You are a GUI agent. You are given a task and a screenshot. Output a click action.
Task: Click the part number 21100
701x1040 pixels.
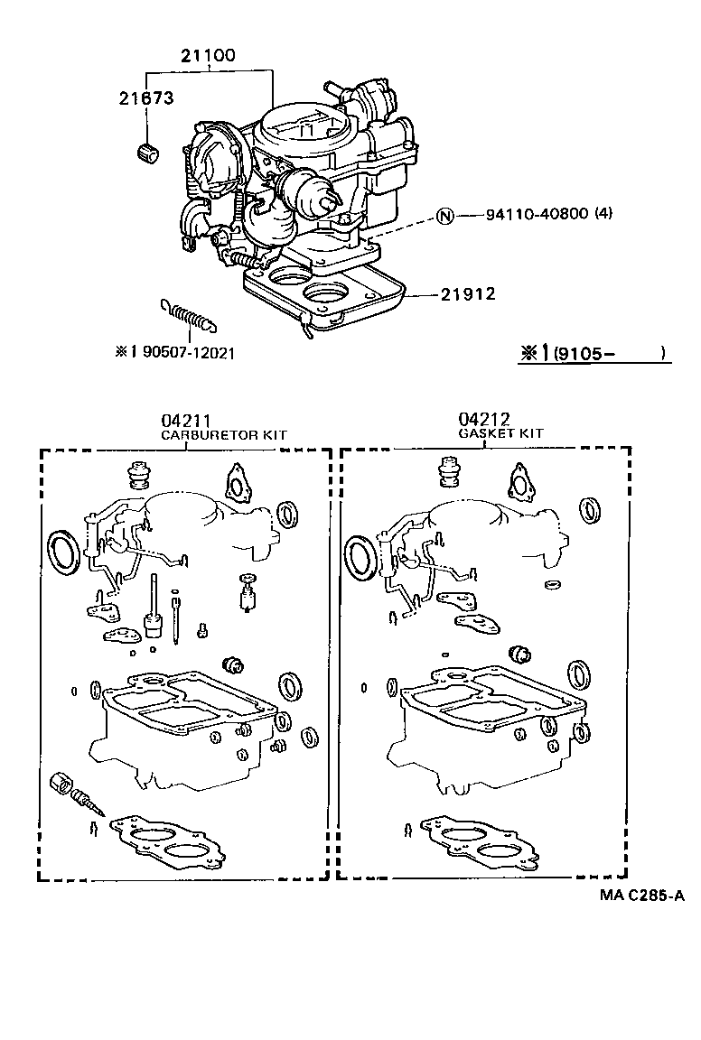pyautogui.click(x=208, y=55)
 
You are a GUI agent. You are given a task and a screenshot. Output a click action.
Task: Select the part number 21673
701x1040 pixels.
pyautogui.click(x=145, y=97)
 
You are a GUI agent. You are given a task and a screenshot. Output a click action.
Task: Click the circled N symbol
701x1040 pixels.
pyautogui.click(x=444, y=215)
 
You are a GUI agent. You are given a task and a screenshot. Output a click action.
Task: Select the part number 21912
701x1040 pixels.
pyautogui.click(x=468, y=294)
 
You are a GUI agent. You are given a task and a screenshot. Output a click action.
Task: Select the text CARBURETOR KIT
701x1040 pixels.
pyautogui.click(x=223, y=434)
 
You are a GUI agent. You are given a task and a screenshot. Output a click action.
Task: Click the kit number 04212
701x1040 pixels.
pyautogui.click(x=483, y=420)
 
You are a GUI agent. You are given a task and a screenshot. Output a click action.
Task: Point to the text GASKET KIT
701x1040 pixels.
pyautogui.click(x=500, y=433)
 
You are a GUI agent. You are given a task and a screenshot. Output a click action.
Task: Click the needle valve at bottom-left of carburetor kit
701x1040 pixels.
pyautogui.click(x=75, y=792)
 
